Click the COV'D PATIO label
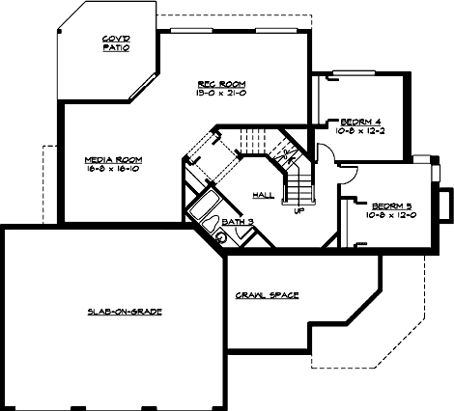coord(117,42)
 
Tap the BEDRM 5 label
coord(371,205)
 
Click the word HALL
coord(262,195)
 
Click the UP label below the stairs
coord(298,210)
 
